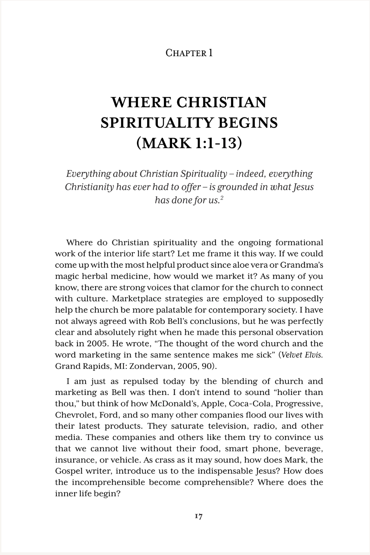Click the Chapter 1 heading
point(189,53)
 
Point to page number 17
point(198,517)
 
